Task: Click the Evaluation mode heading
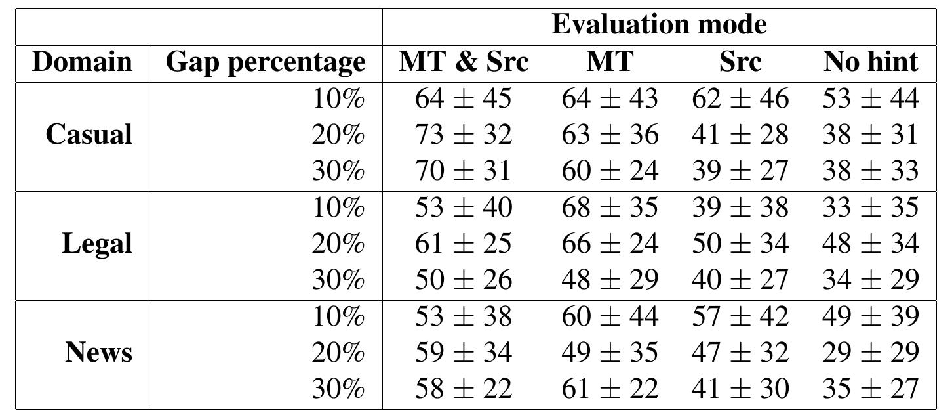pyautogui.click(x=659, y=25)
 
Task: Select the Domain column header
pyautogui.click(x=82, y=62)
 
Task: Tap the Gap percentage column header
pyautogui.click(x=265, y=63)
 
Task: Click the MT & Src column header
pyautogui.click(x=463, y=62)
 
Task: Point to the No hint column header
pyautogui.click(x=871, y=62)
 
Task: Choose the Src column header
pyautogui.click(x=740, y=62)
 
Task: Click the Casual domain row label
pyautogui.click(x=89, y=135)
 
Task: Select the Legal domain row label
pyautogui.click(x=97, y=244)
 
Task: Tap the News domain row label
pyautogui.click(x=98, y=353)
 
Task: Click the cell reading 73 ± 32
pyautogui.click(x=463, y=135)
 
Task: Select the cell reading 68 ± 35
pyautogui.click(x=609, y=207)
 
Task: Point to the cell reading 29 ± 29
pyautogui.click(x=871, y=353)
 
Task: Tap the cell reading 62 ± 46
pyautogui.click(x=740, y=99)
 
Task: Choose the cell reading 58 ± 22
pyautogui.click(x=463, y=389)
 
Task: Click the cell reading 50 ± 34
pyautogui.click(x=740, y=244)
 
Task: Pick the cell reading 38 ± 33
pyautogui.click(x=871, y=171)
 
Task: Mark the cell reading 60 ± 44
pyautogui.click(x=609, y=316)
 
